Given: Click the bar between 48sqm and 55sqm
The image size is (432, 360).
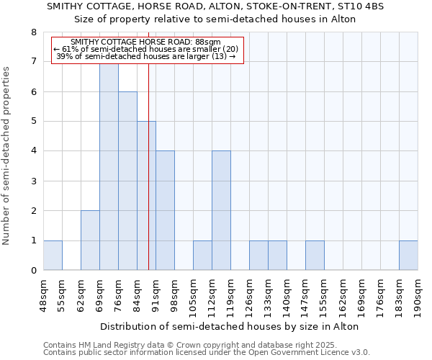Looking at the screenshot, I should tap(53, 256).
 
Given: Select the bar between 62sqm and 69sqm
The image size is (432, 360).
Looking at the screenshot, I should tap(90, 240).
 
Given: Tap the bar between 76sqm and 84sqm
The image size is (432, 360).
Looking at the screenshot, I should tap(127, 181).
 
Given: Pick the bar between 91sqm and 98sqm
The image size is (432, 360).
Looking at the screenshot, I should tap(165, 210).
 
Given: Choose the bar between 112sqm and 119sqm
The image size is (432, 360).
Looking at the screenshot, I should tap(221, 210).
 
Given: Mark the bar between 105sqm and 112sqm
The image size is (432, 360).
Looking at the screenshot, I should tap(202, 256).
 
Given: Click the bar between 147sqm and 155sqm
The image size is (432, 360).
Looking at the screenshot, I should tap(315, 256).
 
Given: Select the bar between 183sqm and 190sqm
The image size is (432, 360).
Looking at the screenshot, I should tap(408, 256).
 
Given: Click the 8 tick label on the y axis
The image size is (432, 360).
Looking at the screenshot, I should tap(33, 32).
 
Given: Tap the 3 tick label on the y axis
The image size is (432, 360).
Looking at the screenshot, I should tap(33, 181).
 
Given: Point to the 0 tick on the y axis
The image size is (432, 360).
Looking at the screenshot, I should tap(33, 271).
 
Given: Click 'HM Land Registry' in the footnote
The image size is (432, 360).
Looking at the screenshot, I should tap(109, 345).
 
